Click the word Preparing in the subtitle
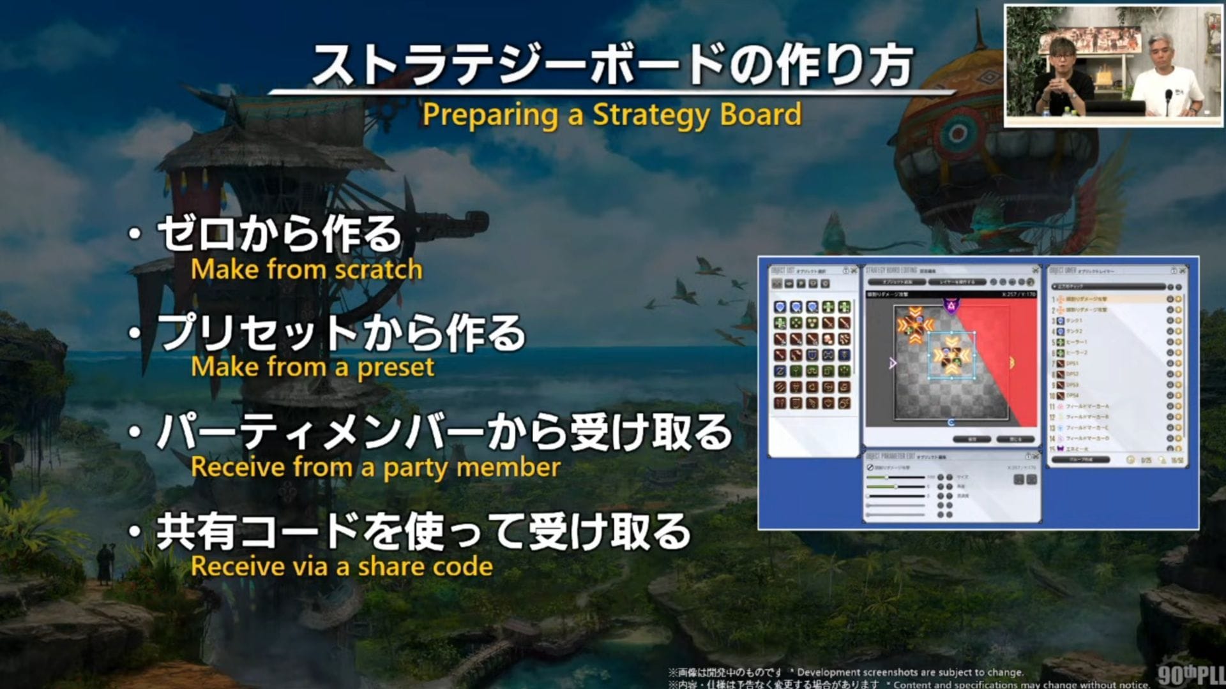[x=490, y=115]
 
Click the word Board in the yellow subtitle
[x=761, y=115]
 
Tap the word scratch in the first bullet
[x=379, y=270]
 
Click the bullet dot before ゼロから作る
[x=134, y=233]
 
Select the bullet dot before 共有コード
[x=134, y=531]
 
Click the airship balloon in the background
[x=958, y=128]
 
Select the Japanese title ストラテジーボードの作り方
[x=612, y=65]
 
